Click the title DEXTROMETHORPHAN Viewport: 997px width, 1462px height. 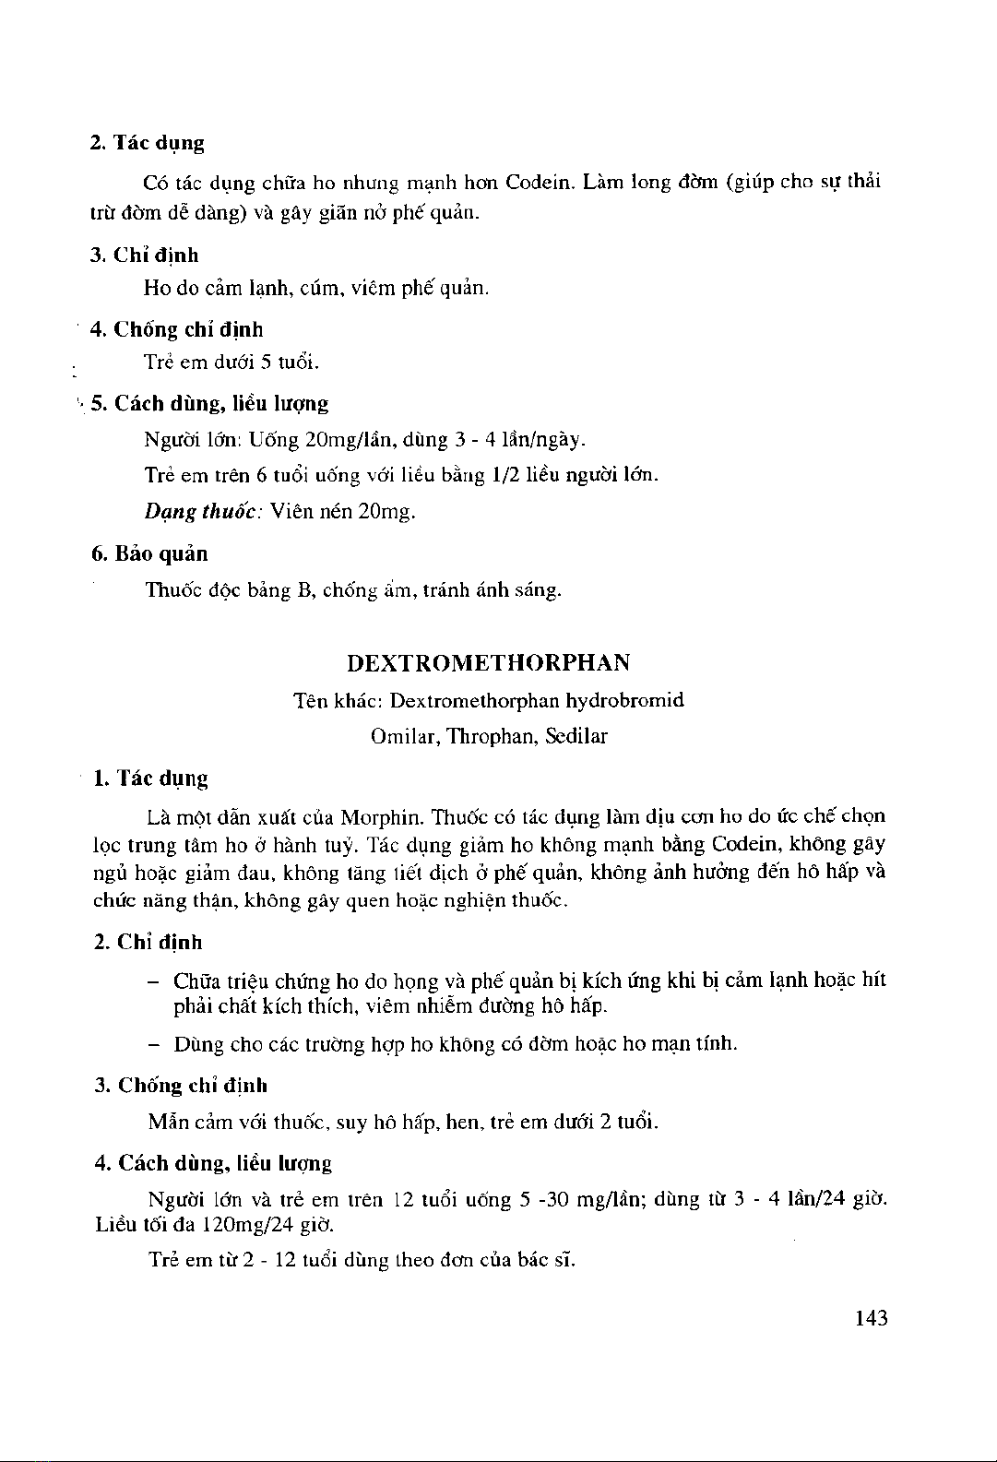[489, 663]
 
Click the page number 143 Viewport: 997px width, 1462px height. [871, 1318]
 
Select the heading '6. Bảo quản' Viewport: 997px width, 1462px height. [149, 554]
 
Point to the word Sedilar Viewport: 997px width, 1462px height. [576, 737]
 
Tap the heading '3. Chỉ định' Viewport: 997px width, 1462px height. [145, 255]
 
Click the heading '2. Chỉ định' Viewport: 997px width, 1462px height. [148, 942]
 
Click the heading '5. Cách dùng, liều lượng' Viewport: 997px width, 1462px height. [209, 403]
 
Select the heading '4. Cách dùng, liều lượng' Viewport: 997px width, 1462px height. [213, 1163]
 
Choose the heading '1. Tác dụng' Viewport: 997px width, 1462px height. [151, 779]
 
